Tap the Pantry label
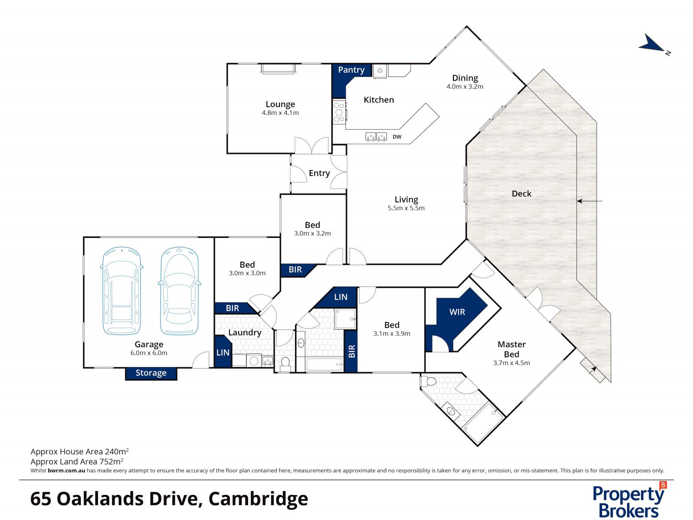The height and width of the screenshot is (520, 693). [x=351, y=70]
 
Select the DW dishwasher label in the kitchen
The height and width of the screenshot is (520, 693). [x=397, y=137]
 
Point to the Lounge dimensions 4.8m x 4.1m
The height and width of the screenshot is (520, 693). [x=280, y=113]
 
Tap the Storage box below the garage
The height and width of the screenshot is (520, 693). [x=151, y=373]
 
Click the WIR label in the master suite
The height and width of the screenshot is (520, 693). [x=457, y=312]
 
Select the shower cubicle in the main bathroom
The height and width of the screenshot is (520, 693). [x=345, y=319]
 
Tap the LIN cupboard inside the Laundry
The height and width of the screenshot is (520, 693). [x=223, y=352]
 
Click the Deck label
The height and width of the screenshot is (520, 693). [x=521, y=194]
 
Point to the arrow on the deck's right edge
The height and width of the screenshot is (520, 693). [x=589, y=201]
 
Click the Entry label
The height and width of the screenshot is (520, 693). [x=319, y=173]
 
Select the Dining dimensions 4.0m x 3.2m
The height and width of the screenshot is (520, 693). [x=465, y=86]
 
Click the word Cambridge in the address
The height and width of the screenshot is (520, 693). [x=258, y=499]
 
